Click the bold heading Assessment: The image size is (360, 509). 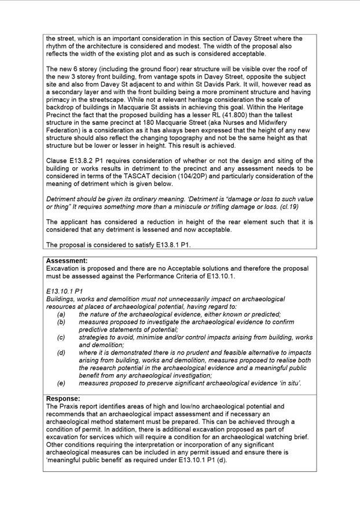pyautogui.click(x=67, y=261)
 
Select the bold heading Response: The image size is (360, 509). pyautogui.click(x=63, y=399)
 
